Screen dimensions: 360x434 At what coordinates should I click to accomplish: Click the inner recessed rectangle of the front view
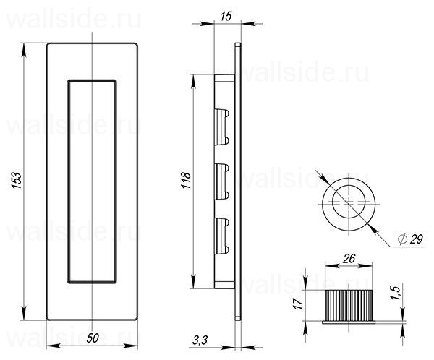point(92,180)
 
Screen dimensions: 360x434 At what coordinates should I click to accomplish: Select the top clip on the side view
point(221,124)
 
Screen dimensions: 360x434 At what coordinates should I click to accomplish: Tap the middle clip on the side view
point(221,180)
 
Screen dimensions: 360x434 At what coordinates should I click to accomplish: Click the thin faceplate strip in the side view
point(238,181)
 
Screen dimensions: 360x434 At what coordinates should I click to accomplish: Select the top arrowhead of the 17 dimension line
point(315,290)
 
